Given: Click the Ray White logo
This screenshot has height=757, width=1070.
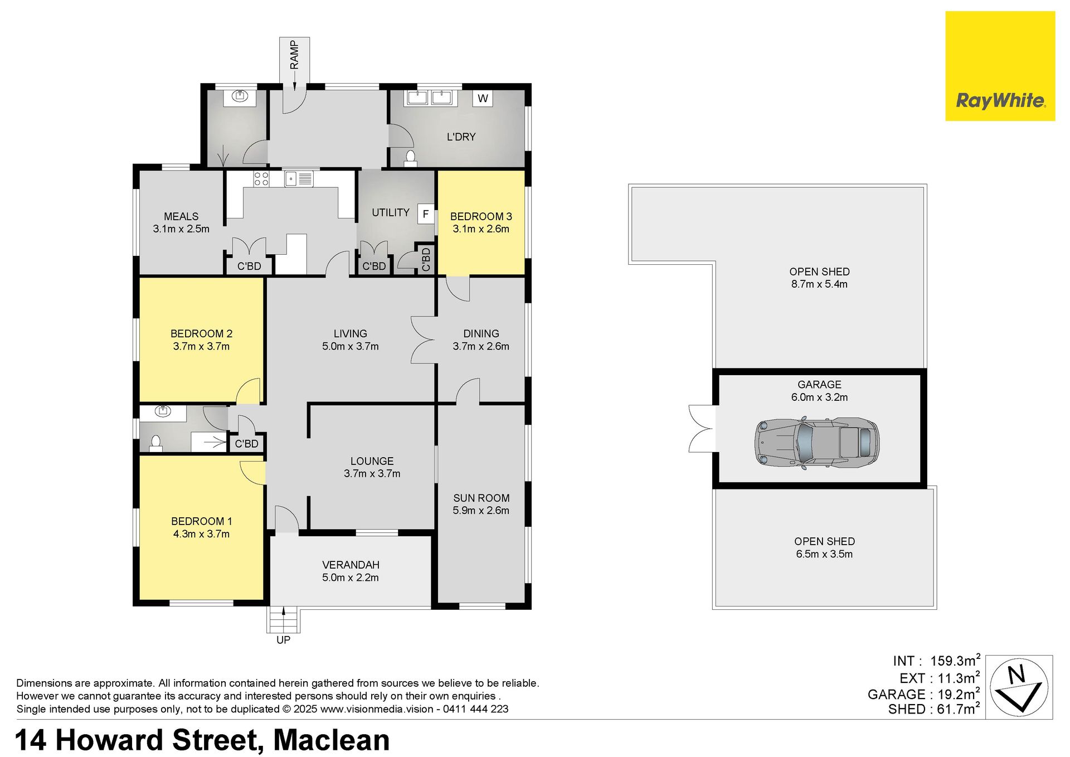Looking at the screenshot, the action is pyautogui.click(x=1000, y=66).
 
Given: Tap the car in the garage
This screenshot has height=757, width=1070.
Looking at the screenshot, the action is pyautogui.click(x=817, y=443).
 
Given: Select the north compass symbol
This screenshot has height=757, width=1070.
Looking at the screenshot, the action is pyautogui.click(x=1019, y=687).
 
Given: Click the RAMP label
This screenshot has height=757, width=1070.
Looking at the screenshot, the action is pyautogui.click(x=294, y=55).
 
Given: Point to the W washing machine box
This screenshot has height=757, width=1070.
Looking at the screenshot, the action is pyautogui.click(x=483, y=99).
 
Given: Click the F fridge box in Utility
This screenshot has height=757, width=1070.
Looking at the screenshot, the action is pyautogui.click(x=426, y=214).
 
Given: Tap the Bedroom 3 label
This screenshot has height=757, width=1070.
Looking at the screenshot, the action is pyautogui.click(x=481, y=216).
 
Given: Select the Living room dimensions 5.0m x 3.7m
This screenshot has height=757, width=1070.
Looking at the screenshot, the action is pyautogui.click(x=351, y=346).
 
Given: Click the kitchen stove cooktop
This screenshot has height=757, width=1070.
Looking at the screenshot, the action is pyautogui.click(x=261, y=178).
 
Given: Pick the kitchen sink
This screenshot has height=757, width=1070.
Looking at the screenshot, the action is pyautogui.click(x=299, y=178).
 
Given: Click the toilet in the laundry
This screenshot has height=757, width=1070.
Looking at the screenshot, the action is pyautogui.click(x=411, y=159).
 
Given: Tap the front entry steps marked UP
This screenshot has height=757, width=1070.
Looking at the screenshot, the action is pyautogui.click(x=284, y=620).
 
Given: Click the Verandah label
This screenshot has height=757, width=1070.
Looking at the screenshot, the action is pyautogui.click(x=351, y=565).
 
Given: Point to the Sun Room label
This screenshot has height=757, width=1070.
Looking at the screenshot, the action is pyautogui.click(x=481, y=498).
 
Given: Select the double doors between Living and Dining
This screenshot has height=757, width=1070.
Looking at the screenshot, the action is pyautogui.click(x=423, y=340).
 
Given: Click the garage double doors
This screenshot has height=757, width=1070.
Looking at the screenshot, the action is pyautogui.click(x=702, y=428).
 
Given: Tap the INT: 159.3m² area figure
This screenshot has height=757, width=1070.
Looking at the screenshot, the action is pyautogui.click(x=936, y=661).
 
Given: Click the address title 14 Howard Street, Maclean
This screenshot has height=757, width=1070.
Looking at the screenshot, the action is pyautogui.click(x=202, y=740).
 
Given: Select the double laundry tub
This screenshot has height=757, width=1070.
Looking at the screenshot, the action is pyautogui.click(x=429, y=98).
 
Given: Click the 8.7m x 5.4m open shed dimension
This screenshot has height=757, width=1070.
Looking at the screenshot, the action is pyautogui.click(x=819, y=284).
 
